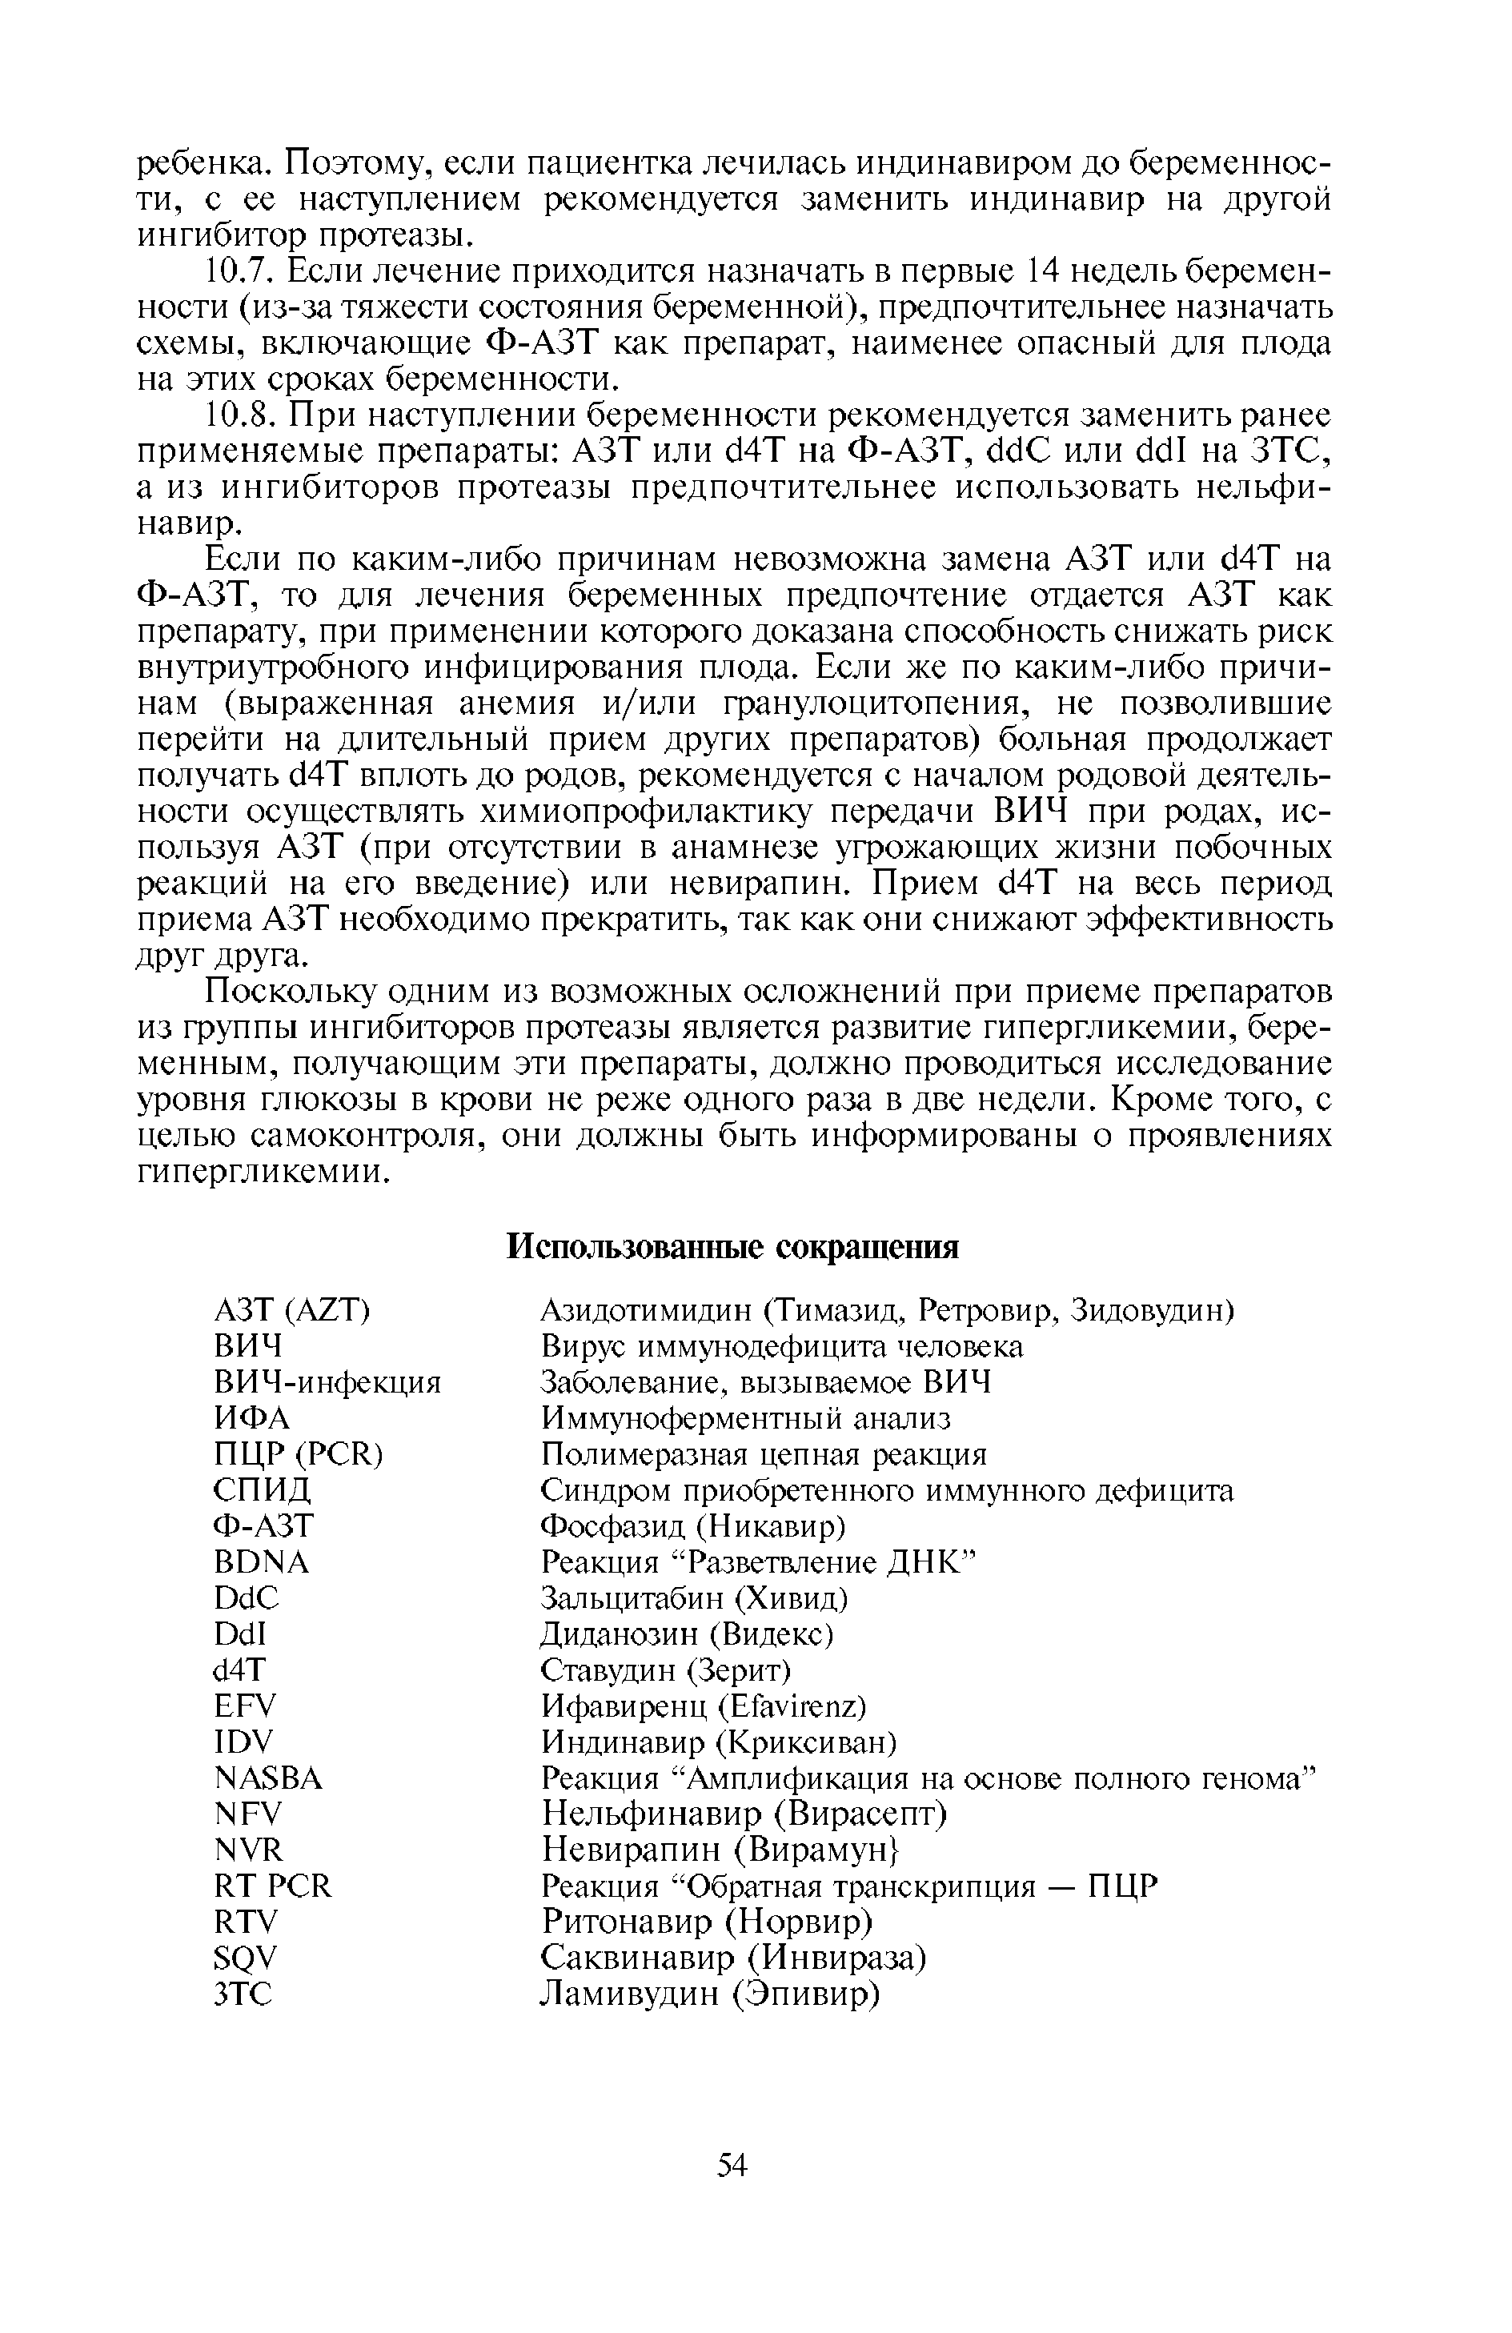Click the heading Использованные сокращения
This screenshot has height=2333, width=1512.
[732, 1248]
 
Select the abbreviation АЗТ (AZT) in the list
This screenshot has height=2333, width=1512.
[291, 1311]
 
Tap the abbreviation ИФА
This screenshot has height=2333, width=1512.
[252, 1418]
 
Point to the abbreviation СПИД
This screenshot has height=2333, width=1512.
[262, 1491]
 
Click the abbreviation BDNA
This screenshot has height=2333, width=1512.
[261, 1562]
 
